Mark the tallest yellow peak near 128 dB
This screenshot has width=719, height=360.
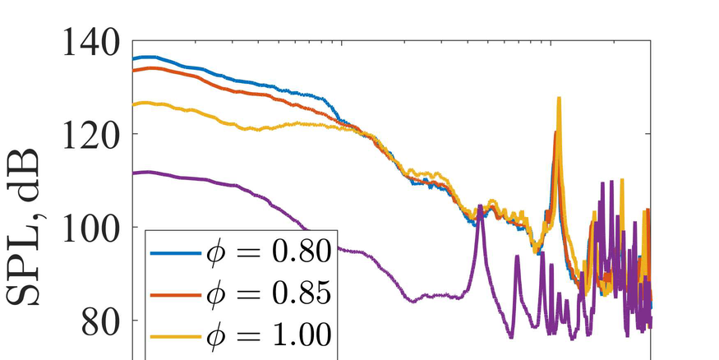point(559,98)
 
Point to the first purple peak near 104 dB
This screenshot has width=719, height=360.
point(480,206)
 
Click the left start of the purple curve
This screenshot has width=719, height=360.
point(134,173)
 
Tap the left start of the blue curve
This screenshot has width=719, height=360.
point(134,58)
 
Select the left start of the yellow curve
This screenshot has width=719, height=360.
point(134,104)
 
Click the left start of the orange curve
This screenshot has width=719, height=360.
point(134,70)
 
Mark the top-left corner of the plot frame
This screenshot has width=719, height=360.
point(132,40)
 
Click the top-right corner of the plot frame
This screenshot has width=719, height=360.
point(651,40)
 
